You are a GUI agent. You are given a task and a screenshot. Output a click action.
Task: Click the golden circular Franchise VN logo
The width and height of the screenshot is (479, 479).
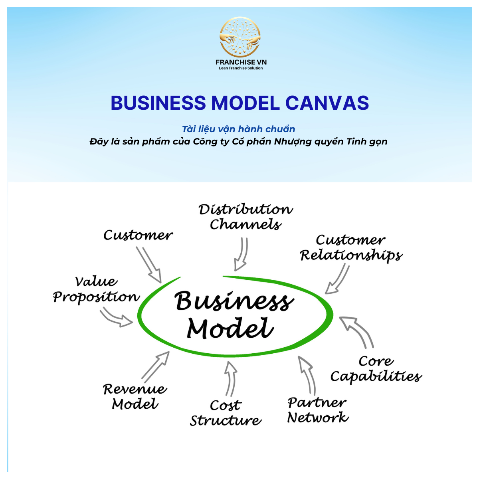(240, 37)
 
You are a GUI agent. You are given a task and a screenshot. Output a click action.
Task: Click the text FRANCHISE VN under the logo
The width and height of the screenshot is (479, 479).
(241, 62)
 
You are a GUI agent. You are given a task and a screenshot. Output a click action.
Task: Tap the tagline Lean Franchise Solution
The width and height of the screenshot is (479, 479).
(241, 68)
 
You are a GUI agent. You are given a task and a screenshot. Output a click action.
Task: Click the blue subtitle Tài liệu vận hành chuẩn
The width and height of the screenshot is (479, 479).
(238, 129)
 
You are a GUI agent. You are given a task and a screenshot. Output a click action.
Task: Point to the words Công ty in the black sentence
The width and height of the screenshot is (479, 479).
(209, 141)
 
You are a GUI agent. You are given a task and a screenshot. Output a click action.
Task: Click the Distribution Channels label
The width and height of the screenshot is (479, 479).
(245, 217)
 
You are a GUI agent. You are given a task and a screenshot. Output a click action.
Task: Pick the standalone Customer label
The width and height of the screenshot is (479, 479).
(138, 235)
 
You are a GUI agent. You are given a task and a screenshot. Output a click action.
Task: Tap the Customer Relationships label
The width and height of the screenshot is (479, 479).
(351, 248)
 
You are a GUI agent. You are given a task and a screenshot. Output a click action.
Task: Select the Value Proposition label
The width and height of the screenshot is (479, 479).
(96, 289)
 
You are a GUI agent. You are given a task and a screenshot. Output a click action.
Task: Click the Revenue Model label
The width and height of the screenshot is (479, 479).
(135, 396)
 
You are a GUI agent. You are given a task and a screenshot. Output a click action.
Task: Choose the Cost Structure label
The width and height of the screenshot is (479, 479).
(226, 413)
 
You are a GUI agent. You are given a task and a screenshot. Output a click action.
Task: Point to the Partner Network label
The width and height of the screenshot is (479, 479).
(318, 410)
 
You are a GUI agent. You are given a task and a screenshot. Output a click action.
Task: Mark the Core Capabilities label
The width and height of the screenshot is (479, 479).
(376, 369)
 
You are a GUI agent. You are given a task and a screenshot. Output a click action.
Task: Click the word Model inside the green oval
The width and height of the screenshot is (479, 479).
(230, 329)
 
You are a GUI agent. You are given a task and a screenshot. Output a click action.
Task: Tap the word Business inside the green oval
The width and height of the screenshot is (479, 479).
(234, 301)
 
